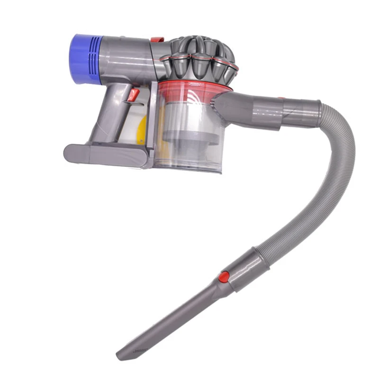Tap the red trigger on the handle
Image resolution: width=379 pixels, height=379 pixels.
(134, 94)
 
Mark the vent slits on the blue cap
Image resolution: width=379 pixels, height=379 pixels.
(95, 59)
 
